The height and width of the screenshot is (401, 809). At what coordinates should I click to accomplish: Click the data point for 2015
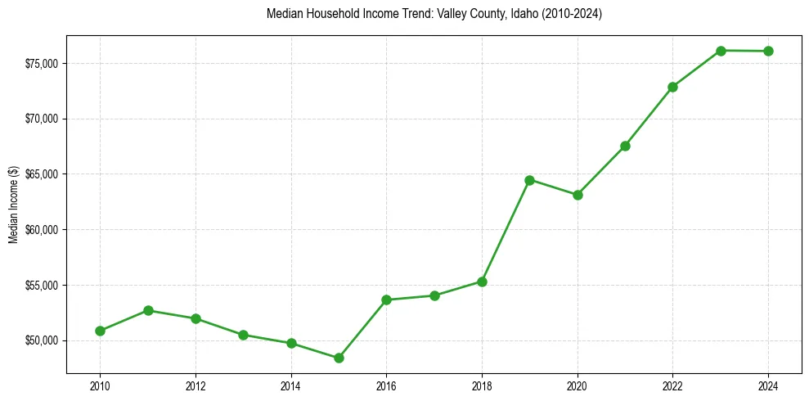[x=339, y=358]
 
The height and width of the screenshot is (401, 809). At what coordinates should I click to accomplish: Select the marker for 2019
[x=529, y=180]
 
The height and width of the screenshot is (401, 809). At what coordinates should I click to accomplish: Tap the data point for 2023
[x=721, y=51]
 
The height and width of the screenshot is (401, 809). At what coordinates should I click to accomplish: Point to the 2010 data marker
[x=100, y=331]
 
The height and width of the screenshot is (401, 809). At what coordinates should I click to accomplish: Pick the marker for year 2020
[x=578, y=195]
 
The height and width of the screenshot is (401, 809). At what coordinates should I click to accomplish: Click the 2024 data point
[x=768, y=51]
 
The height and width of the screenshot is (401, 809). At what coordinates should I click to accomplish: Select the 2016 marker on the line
[x=386, y=300]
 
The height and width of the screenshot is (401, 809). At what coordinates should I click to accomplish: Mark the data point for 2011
[x=148, y=310]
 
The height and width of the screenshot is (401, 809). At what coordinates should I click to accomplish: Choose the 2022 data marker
[x=672, y=87]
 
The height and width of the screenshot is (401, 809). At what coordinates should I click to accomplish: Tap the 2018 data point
[x=482, y=282]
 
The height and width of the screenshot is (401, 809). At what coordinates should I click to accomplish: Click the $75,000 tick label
[x=41, y=64]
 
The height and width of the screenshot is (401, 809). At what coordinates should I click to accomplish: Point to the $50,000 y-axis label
[x=41, y=340]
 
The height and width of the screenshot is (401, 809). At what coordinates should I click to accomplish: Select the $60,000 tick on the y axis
[x=41, y=230]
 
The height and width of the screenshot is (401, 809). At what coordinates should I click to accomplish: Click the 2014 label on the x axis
[x=291, y=385]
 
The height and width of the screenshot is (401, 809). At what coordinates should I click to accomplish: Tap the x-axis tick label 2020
[x=578, y=385]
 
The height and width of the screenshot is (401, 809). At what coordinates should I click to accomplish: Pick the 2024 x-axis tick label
[x=768, y=385]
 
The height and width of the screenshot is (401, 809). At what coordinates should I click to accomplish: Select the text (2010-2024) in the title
[x=572, y=14]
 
